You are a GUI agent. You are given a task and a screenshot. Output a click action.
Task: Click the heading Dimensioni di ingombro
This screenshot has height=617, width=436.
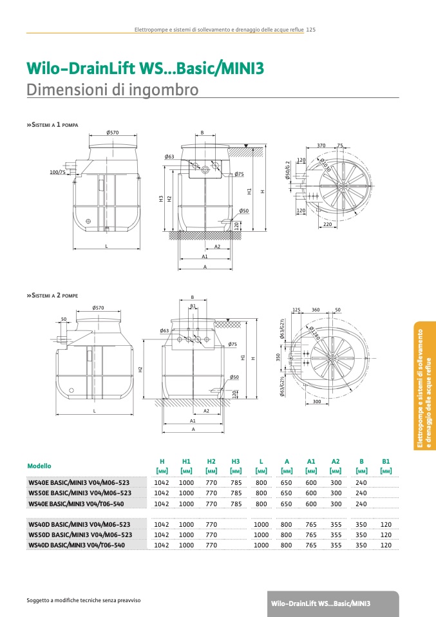(x=112, y=90)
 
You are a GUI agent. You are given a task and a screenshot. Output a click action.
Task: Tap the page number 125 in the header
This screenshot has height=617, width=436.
(x=310, y=30)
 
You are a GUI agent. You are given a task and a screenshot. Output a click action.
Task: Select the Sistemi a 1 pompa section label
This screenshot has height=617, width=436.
(x=53, y=124)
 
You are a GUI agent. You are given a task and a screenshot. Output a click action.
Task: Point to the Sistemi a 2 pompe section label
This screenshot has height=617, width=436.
(x=53, y=295)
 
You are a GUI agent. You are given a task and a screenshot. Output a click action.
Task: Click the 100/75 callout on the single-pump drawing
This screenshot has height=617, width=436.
(x=57, y=172)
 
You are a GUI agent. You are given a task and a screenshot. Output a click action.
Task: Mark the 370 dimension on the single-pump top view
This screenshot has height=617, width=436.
(x=321, y=146)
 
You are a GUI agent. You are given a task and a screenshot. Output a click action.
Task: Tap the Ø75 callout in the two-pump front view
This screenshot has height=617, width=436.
(x=233, y=345)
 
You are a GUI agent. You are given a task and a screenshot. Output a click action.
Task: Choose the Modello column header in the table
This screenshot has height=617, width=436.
(x=39, y=466)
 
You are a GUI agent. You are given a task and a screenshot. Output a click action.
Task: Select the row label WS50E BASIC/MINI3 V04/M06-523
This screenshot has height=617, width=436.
(x=80, y=493)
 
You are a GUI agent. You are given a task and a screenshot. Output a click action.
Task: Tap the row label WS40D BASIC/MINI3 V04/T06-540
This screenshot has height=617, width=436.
(x=77, y=545)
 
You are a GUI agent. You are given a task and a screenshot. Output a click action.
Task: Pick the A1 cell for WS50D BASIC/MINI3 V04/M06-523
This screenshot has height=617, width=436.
(x=311, y=535)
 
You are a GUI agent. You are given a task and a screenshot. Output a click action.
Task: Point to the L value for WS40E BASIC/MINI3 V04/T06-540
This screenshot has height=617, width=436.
(x=261, y=504)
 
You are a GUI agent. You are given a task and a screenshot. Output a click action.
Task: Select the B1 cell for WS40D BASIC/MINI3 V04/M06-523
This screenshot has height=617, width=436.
(x=386, y=524)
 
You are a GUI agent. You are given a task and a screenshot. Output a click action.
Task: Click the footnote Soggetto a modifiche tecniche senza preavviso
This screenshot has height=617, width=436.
(x=83, y=600)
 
